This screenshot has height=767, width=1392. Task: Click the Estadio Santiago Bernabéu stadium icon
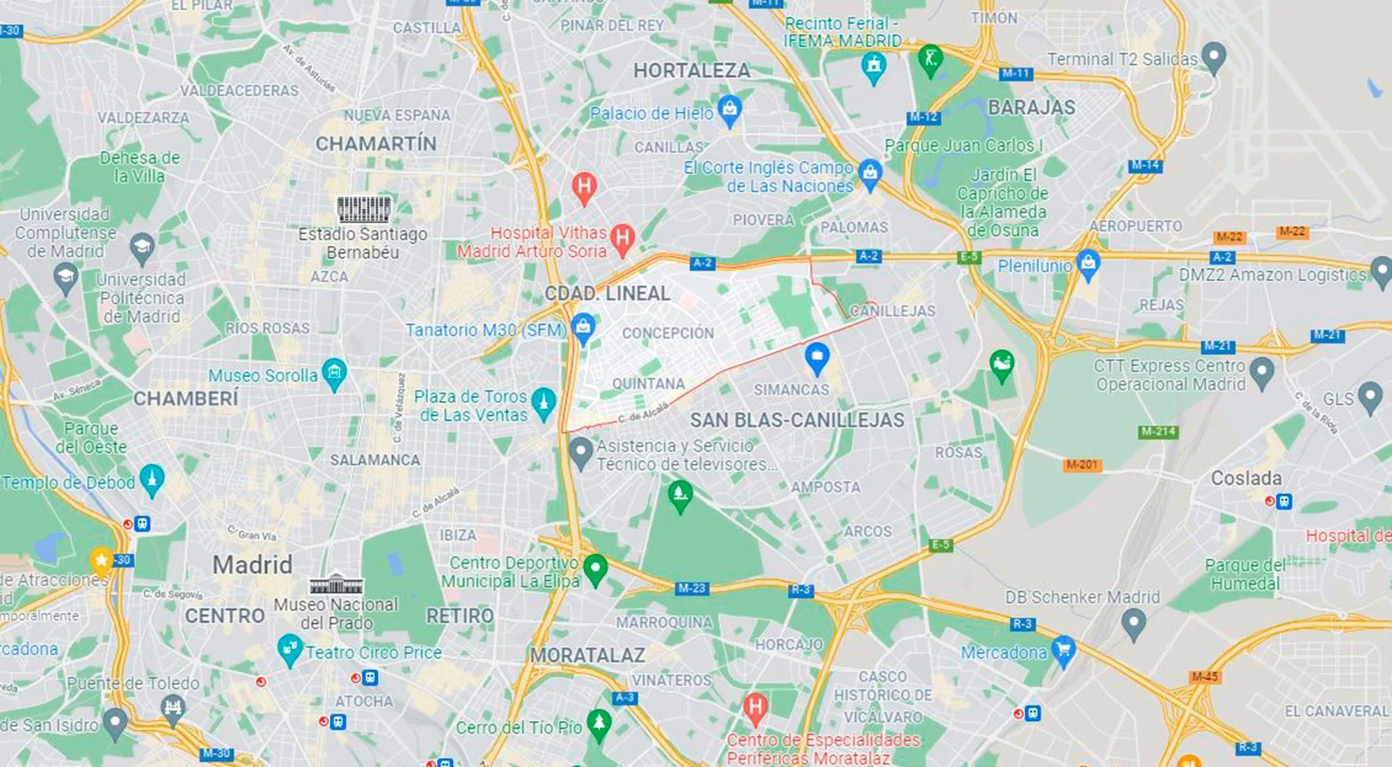pos(363,209)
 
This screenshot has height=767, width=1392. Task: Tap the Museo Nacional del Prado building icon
pos(335,584)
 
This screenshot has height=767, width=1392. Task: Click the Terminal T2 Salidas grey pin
pos(1214,57)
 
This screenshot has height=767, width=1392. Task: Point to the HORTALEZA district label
pos(691,70)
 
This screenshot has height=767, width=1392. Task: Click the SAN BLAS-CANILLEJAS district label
pos(797,420)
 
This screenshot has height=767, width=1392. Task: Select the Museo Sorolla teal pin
pos(334,374)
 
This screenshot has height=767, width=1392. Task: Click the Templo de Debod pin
pos(152,480)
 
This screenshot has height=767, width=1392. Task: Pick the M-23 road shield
pos(691,588)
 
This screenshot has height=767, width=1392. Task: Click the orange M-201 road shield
pos(1082,464)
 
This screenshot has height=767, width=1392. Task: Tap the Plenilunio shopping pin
pos(1088,264)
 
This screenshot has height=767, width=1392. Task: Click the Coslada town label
pos(1246,478)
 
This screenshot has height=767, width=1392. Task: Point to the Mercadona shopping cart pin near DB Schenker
pos(1063,650)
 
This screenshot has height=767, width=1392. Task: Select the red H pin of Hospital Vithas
pos(622,239)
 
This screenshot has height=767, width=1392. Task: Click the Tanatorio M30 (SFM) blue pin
pos(583,328)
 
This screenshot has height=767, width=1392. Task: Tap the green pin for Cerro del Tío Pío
pos(599,724)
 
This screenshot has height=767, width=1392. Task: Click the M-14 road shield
pos(1145,165)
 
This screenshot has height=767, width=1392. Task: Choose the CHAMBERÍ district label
pos(185,398)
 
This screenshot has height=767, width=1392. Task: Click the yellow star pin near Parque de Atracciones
pos(101,560)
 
